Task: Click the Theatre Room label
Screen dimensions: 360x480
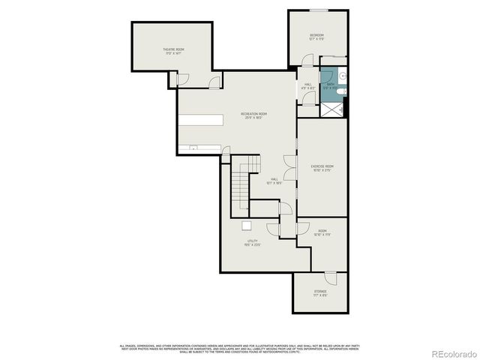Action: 174,51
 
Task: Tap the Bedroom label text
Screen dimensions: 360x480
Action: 317,37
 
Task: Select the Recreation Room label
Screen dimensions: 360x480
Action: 253,115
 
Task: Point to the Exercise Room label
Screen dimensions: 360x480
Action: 322,168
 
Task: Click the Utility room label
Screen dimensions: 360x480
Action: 252,243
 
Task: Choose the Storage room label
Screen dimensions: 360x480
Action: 320,292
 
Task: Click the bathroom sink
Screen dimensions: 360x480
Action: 342,75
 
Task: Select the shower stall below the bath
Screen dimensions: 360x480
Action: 333,109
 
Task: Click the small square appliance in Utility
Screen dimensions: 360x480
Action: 246,225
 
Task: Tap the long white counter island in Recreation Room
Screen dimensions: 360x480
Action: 201,120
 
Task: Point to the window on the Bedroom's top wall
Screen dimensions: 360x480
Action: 319,10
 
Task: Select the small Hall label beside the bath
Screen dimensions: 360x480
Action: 307,85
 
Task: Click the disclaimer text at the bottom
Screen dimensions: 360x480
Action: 240,348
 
